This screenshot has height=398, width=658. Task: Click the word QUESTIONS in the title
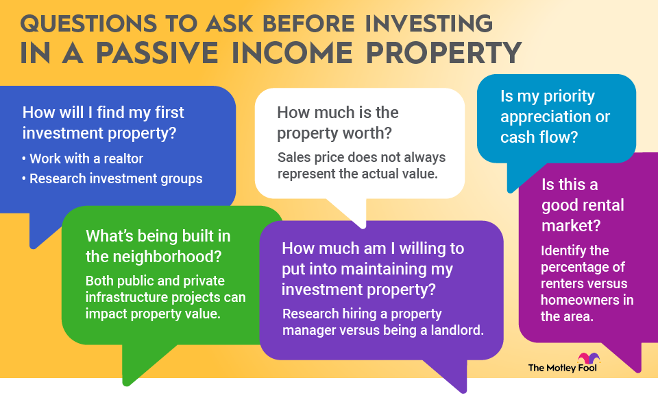(x=89, y=24)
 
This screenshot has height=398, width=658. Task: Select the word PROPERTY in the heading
(x=443, y=53)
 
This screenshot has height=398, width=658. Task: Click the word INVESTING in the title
(x=429, y=23)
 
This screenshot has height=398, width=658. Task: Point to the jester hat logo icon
(x=589, y=358)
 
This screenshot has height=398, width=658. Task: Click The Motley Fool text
(x=562, y=368)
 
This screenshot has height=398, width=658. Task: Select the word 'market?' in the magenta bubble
(x=571, y=226)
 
